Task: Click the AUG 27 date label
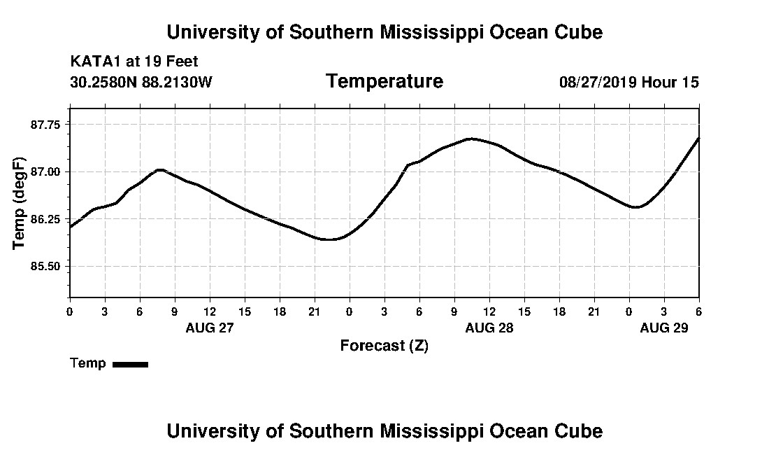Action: pyautogui.click(x=210, y=328)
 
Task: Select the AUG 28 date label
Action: pyautogui.click(x=489, y=328)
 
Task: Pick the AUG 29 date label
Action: pyautogui.click(x=664, y=328)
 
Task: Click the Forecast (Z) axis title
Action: pyautogui.click(x=384, y=346)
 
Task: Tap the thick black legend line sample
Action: pyautogui.click(x=130, y=364)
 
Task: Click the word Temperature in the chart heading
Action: pyautogui.click(x=384, y=82)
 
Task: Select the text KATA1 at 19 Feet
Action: pyautogui.click(x=134, y=62)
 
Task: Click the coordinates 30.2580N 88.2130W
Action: pyautogui.click(x=141, y=83)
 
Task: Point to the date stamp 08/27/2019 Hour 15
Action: pyautogui.click(x=628, y=83)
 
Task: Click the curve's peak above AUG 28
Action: pyautogui.click(x=472, y=139)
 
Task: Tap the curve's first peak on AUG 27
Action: pyautogui.click(x=160, y=169)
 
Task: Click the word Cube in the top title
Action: pyautogui.click(x=577, y=32)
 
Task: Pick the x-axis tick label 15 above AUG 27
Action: pyautogui.click(x=245, y=311)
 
